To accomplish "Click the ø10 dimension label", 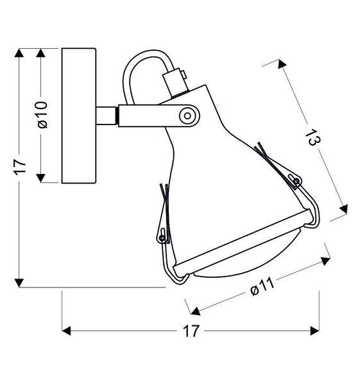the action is tap(42, 115).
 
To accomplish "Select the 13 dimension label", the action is tap(313, 137).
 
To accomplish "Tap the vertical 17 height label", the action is tap(20, 167).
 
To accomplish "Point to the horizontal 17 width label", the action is tap(191, 331).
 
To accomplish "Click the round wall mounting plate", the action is tap(79, 116).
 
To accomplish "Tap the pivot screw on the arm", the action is tap(187, 116).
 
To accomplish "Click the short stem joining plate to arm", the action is tap(106, 116).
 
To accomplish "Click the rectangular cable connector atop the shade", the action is tap(176, 82).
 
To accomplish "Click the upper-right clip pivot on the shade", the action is tap(296, 182).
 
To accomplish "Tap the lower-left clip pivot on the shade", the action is tap(162, 237).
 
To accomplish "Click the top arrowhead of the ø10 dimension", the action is tap(40, 53).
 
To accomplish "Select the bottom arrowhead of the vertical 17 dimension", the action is tap(19, 283).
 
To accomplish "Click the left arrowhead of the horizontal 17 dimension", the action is tap(66, 330).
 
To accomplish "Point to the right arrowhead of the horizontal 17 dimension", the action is tap(315, 330).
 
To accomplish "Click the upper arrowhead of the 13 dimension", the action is tap(282, 64).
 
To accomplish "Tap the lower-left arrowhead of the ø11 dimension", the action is tap(196, 311).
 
